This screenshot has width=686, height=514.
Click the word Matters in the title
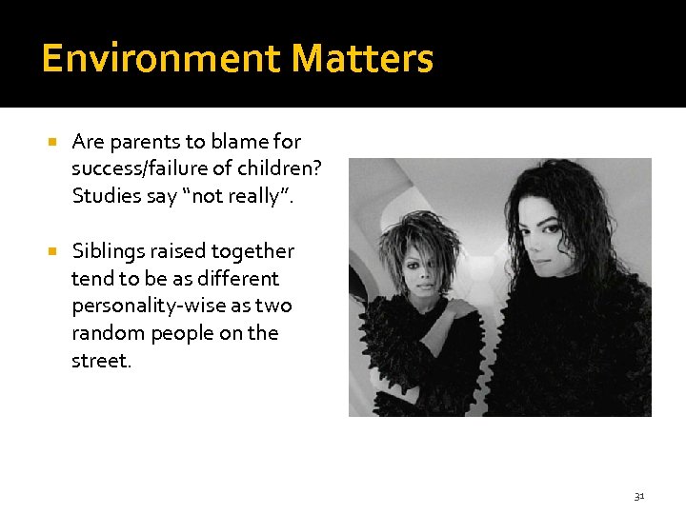(x=362, y=59)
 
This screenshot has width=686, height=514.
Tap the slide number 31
(x=638, y=496)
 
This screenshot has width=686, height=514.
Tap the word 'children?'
(x=275, y=169)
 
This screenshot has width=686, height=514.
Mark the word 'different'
(x=237, y=279)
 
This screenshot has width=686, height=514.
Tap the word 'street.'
(x=101, y=361)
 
